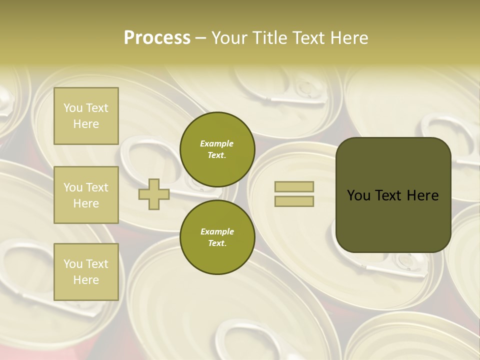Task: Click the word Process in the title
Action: click(157, 38)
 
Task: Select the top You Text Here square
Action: click(86, 116)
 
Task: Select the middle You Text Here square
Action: click(86, 195)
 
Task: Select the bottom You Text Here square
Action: click(86, 272)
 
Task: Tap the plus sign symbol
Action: click(154, 194)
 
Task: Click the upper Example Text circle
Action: click(217, 149)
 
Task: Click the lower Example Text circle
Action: click(217, 237)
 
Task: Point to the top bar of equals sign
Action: click(294, 186)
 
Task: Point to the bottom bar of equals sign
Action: click(294, 201)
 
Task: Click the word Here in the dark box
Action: click(422, 195)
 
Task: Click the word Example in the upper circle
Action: click(217, 143)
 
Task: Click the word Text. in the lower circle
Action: click(217, 243)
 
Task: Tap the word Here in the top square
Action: click(86, 124)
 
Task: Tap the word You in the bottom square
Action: click(73, 264)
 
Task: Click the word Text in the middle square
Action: click(96, 187)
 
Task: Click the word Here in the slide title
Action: click(349, 38)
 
